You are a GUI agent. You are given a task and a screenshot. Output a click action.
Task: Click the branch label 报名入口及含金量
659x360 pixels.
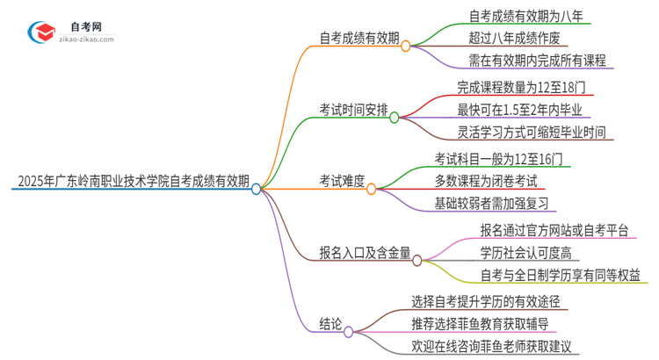[x=366, y=253]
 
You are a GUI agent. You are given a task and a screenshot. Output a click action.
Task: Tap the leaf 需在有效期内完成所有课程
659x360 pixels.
[x=537, y=61]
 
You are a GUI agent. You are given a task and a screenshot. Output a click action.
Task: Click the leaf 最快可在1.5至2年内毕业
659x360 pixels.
[x=525, y=110]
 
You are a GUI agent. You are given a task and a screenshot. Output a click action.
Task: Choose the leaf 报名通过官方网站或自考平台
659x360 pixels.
[x=554, y=230]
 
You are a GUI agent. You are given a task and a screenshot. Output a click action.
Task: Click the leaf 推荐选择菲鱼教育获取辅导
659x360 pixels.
[x=492, y=324]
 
